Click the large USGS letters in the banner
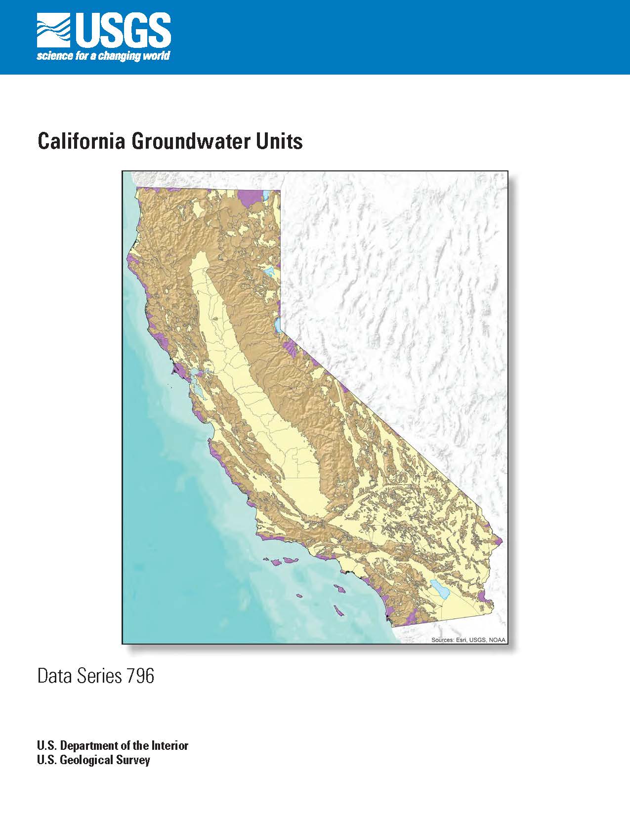click(124, 30)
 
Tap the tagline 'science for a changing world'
click(103, 56)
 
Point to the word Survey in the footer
click(133, 760)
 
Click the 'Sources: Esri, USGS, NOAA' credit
click(468, 640)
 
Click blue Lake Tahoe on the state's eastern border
click(278, 325)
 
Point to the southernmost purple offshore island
click(338, 610)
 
